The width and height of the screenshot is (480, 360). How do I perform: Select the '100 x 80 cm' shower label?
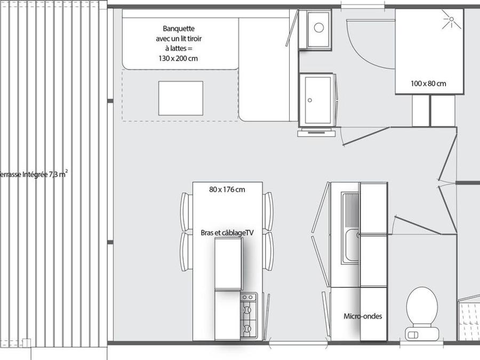[x=428, y=84]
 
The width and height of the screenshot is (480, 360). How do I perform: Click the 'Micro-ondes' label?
[x=363, y=316]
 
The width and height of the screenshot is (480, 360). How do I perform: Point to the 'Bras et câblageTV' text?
[x=227, y=233]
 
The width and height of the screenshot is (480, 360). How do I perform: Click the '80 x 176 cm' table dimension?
[x=227, y=189]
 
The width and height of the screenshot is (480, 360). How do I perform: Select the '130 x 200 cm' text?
[x=178, y=58]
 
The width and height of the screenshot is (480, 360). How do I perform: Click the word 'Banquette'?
[x=179, y=29]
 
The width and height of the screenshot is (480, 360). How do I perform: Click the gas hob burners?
[x=249, y=315]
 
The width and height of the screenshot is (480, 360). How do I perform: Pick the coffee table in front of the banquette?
[x=181, y=98]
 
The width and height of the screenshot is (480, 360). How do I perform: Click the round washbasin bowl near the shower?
[x=319, y=28]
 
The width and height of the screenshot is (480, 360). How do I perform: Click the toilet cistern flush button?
[x=413, y=334]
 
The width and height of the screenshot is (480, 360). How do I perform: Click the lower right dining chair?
[x=268, y=252]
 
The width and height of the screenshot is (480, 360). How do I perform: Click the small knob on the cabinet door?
[x=310, y=100]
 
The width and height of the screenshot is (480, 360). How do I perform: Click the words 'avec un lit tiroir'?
[x=179, y=38]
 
